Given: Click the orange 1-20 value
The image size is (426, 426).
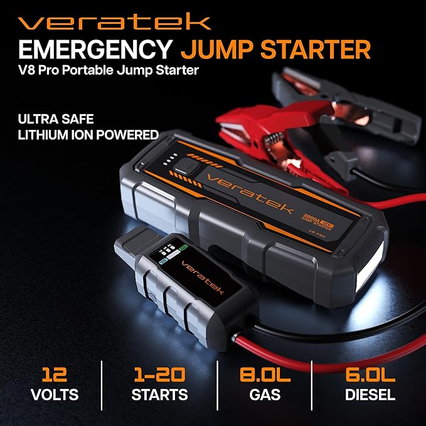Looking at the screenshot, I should pyautogui.click(x=159, y=375).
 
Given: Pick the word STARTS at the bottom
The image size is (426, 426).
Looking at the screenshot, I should pyautogui.click(x=159, y=395).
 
